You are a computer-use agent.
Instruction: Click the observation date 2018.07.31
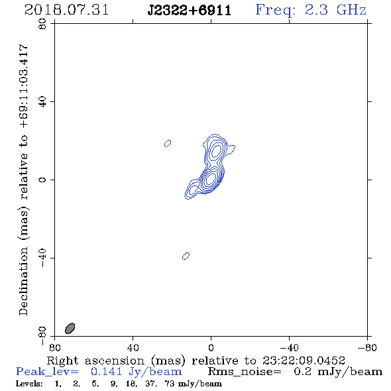(x=66, y=10)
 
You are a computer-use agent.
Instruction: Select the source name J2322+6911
(x=190, y=11)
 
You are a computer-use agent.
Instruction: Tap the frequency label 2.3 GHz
(x=335, y=10)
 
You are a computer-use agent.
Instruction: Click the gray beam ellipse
(x=70, y=328)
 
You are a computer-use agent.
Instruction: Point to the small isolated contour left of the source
(x=167, y=143)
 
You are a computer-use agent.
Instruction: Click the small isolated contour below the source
(x=186, y=256)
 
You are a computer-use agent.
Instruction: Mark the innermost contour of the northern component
(x=216, y=151)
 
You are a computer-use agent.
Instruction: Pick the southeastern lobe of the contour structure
(x=192, y=190)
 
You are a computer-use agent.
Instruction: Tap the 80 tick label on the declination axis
(x=42, y=24)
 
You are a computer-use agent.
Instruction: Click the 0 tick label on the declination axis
(x=42, y=180)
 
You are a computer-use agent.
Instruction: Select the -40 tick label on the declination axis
(x=42, y=258)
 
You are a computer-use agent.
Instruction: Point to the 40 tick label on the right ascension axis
(x=133, y=348)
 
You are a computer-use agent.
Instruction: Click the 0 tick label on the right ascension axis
(x=211, y=348)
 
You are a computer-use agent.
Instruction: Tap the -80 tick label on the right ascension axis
(x=367, y=348)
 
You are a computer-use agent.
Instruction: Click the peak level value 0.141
(x=107, y=372)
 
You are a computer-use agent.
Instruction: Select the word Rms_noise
(x=245, y=372)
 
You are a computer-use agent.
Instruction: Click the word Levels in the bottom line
(x=29, y=383)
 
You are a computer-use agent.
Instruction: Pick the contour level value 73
(x=169, y=384)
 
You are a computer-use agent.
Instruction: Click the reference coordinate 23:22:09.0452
(x=304, y=361)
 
